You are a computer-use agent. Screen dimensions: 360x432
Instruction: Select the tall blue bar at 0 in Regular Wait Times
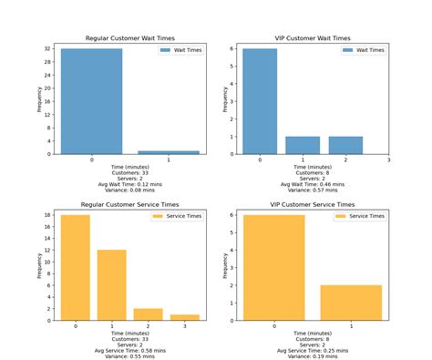click(x=91, y=101)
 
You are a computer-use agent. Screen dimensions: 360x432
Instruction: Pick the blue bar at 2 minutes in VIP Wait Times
click(x=345, y=145)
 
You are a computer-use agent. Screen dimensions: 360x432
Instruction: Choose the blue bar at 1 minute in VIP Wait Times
click(x=303, y=145)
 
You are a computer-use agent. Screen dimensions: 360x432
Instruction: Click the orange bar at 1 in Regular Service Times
click(x=111, y=284)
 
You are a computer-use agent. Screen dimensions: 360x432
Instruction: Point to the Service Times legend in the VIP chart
click(x=363, y=217)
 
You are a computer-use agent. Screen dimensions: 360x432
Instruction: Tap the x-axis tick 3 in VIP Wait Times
click(x=388, y=160)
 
